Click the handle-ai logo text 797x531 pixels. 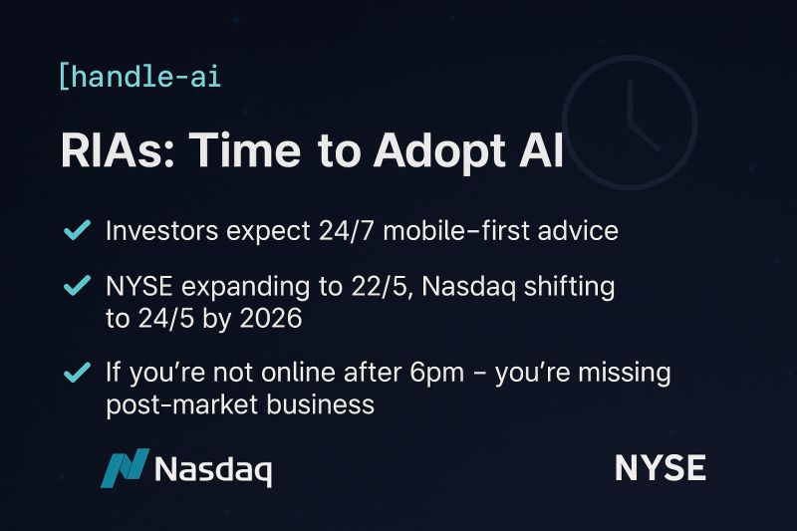tap(140, 76)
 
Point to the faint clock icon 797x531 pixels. tap(630, 123)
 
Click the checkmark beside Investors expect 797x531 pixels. tap(77, 230)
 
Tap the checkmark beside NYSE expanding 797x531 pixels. tap(77, 287)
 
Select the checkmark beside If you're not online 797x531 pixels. tap(77, 373)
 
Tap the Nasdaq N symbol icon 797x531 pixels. tap(125, 468)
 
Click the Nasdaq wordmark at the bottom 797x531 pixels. tap(213, 469)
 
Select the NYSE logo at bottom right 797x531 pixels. tap(660, 468)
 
